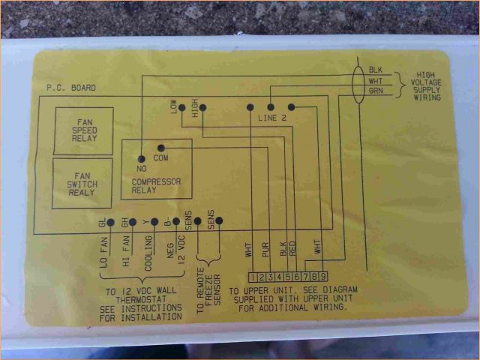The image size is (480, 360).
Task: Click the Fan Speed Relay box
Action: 83,130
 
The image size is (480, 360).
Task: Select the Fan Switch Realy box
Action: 83,183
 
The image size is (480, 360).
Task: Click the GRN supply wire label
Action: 376,91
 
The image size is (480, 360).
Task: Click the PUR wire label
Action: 265,250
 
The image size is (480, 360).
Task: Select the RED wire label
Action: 292,250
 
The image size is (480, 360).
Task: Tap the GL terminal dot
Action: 109,223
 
